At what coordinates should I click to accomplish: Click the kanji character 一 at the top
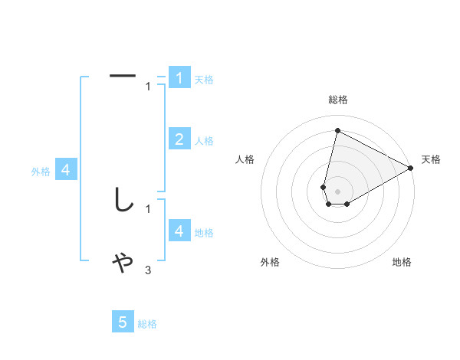(123, 76)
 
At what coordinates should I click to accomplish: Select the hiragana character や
(123, 263)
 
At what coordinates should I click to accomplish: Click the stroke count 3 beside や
(148, 270)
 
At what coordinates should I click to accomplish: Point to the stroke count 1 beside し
(148, 208)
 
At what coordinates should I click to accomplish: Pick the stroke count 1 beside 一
(148, 87)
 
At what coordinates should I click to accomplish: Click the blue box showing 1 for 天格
(179, 77)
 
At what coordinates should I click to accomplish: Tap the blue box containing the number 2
(179, 139)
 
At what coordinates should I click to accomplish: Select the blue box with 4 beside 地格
(179, 231)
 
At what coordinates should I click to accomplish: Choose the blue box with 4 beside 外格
(66, 170)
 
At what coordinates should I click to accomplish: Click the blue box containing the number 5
(123, 322)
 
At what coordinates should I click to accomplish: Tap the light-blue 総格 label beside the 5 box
(147, 324)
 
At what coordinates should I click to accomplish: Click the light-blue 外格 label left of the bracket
(41, 172)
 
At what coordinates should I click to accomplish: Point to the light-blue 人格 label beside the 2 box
(204, 141)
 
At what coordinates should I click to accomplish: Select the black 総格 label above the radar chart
(337, 100)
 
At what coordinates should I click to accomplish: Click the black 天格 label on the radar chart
(431, 159)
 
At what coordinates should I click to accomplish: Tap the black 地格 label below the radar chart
(402, 262)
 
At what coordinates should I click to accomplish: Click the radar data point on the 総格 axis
(337, 130)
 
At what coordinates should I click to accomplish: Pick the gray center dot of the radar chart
(337, 191)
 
